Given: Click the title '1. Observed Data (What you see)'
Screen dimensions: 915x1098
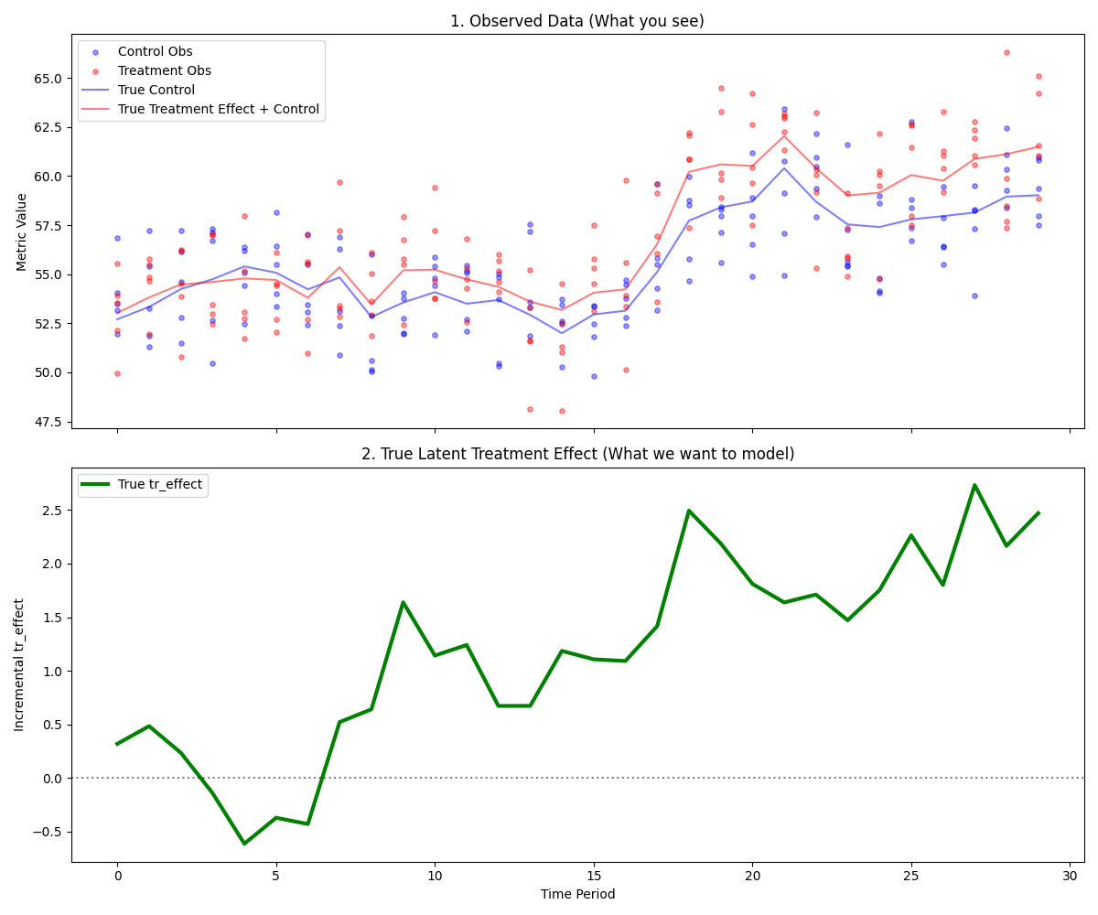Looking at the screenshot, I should [576, 21].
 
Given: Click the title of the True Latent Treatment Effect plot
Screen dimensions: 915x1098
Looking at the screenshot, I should [576, 454].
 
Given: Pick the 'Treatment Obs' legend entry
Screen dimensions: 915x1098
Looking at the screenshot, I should [164, 70].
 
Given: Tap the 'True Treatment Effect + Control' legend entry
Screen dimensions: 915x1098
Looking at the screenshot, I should [219, 109].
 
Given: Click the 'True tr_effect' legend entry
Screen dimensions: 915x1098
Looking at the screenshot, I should [159, 485].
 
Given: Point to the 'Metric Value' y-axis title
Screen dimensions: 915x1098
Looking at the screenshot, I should [22, 231].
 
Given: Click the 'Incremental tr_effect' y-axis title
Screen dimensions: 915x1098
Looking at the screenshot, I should [19, 664].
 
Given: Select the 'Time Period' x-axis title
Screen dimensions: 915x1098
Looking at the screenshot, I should [576, 894].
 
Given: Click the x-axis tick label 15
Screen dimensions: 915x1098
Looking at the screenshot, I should [593, 875].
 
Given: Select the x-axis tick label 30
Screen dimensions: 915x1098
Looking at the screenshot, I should [1070, 875].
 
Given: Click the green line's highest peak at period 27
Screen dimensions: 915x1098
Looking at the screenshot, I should [974, 485].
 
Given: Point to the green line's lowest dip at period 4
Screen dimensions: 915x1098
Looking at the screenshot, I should [244, 844].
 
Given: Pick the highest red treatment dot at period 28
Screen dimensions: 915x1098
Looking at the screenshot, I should [1006, 52].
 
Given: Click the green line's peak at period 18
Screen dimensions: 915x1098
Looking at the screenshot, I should [689, 511].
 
